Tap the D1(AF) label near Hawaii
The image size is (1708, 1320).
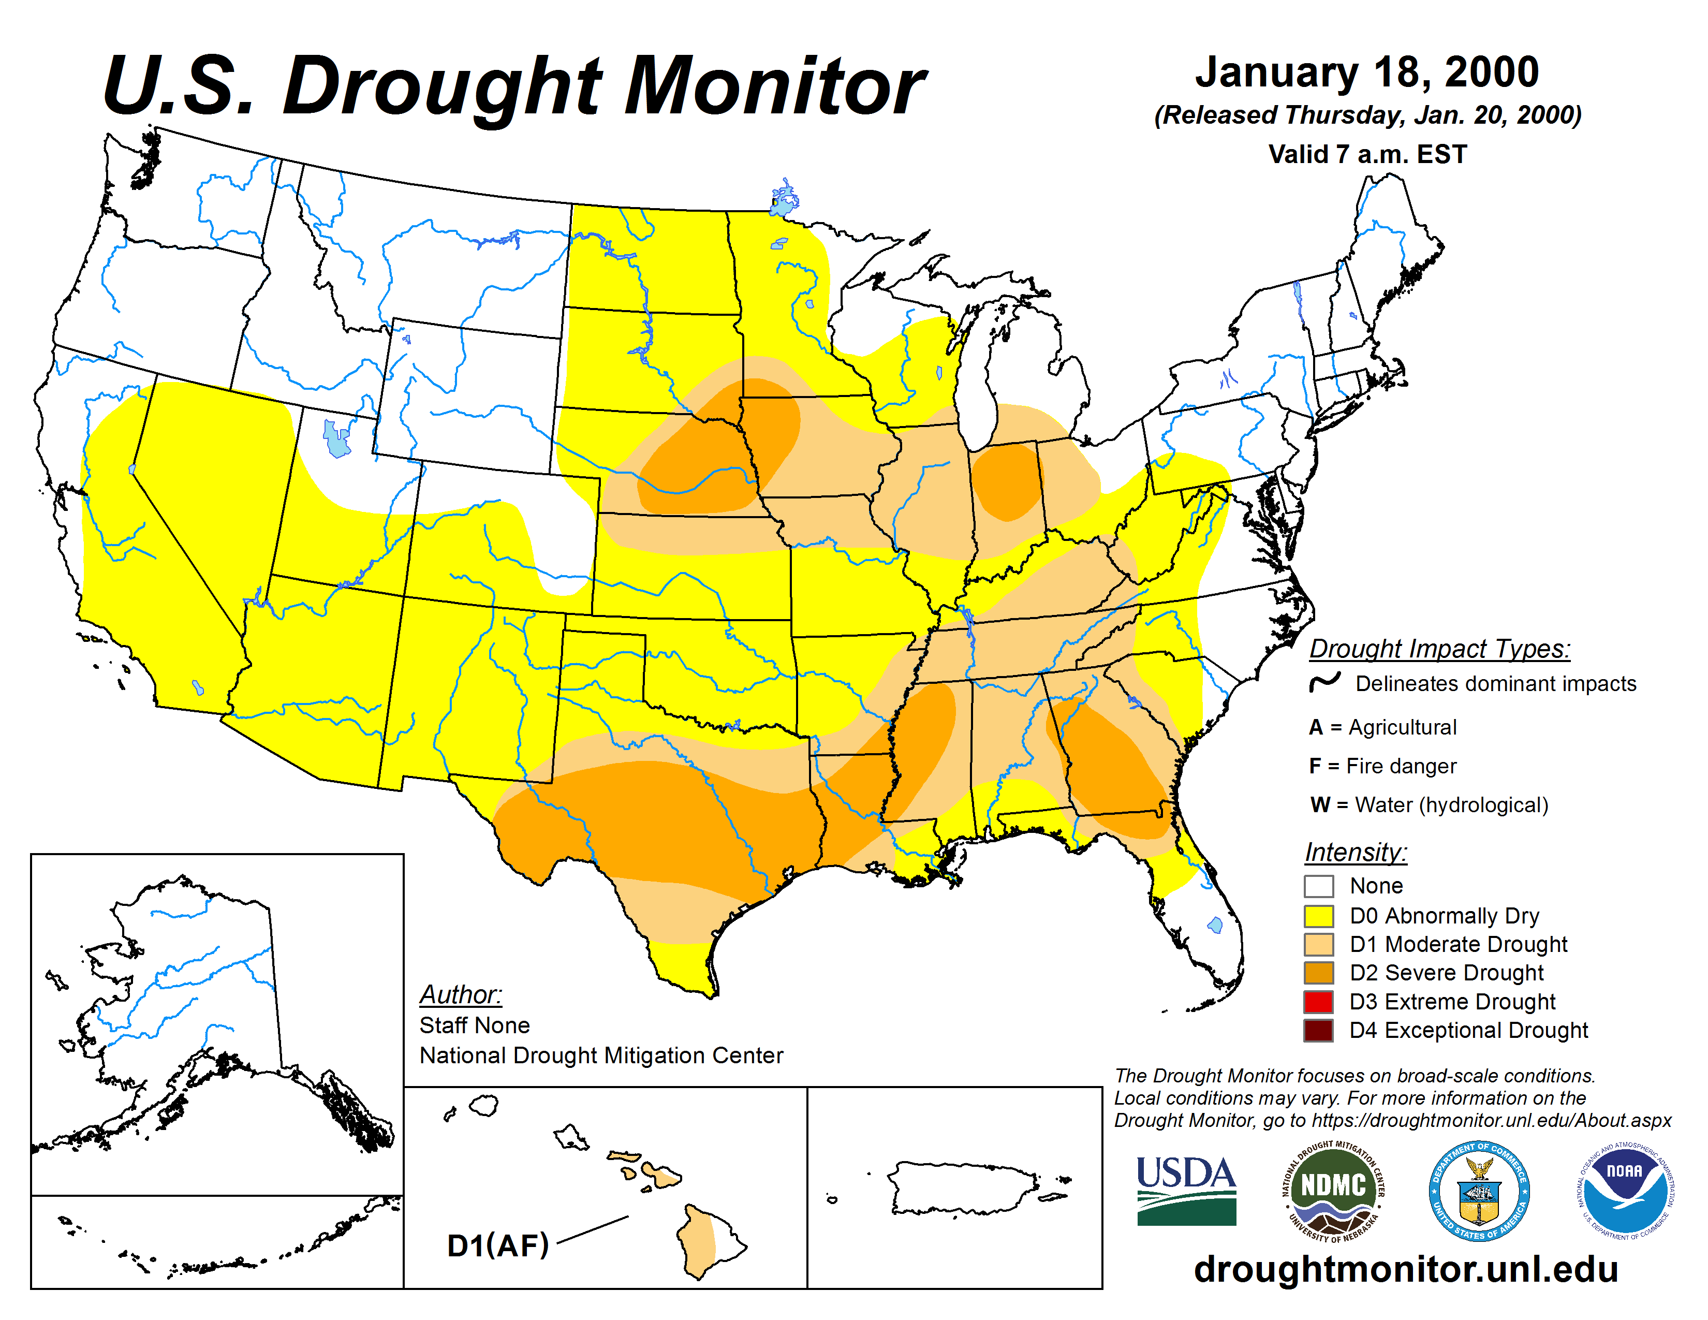pyautogui.click(x=497, y=1245)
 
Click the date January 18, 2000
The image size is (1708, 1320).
pyautogui.click(x=1367, y=72)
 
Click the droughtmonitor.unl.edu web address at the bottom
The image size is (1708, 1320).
pyautogui.click(x=1405, y=1268)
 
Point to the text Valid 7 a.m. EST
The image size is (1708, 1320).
pyautogui.click(x=1367, y=154)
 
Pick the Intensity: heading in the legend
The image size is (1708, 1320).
pyautogui.click(x=1356, y=852)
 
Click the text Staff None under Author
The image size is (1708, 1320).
pyautogui.click(x=474, y=1025)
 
